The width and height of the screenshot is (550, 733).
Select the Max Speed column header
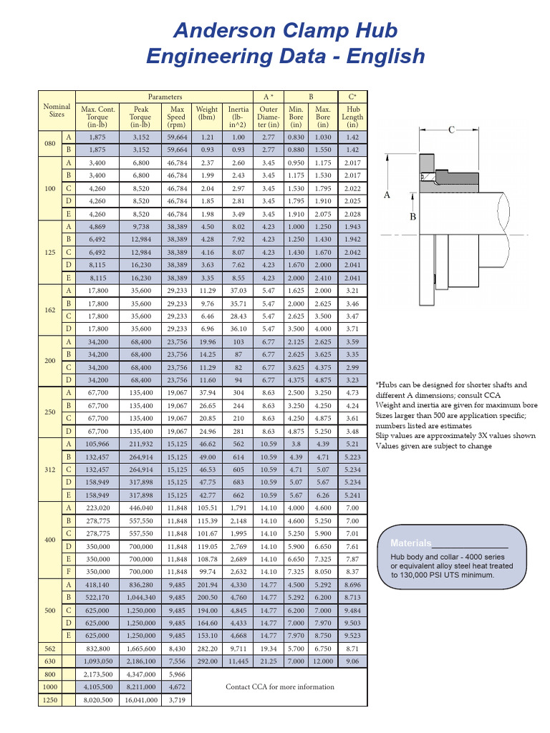click(177, 117)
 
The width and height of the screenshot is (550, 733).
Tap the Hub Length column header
click(352, 117)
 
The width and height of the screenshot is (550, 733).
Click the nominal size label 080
click(49, 143)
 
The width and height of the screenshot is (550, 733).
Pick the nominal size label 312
click(49, 470)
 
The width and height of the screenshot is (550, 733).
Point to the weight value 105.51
click(207, 508)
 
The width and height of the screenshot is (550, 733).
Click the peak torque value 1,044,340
click(140, 597)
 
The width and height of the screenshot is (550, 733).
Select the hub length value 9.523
click(352, 636)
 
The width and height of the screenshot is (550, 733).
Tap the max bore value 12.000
click(323, 661)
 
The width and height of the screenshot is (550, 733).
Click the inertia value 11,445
click(238, 661)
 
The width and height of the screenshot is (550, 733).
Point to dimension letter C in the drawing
click(452, 130)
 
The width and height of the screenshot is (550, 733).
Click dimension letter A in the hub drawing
click(387, 195)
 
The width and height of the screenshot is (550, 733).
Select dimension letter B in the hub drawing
click(412, 216)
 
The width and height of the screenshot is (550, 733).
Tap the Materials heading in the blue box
click(411, 543)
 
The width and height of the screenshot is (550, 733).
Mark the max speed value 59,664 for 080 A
click(177, 137)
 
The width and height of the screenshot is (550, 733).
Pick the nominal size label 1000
click(49, 687)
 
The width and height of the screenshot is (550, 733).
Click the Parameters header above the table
click(165, 97)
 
